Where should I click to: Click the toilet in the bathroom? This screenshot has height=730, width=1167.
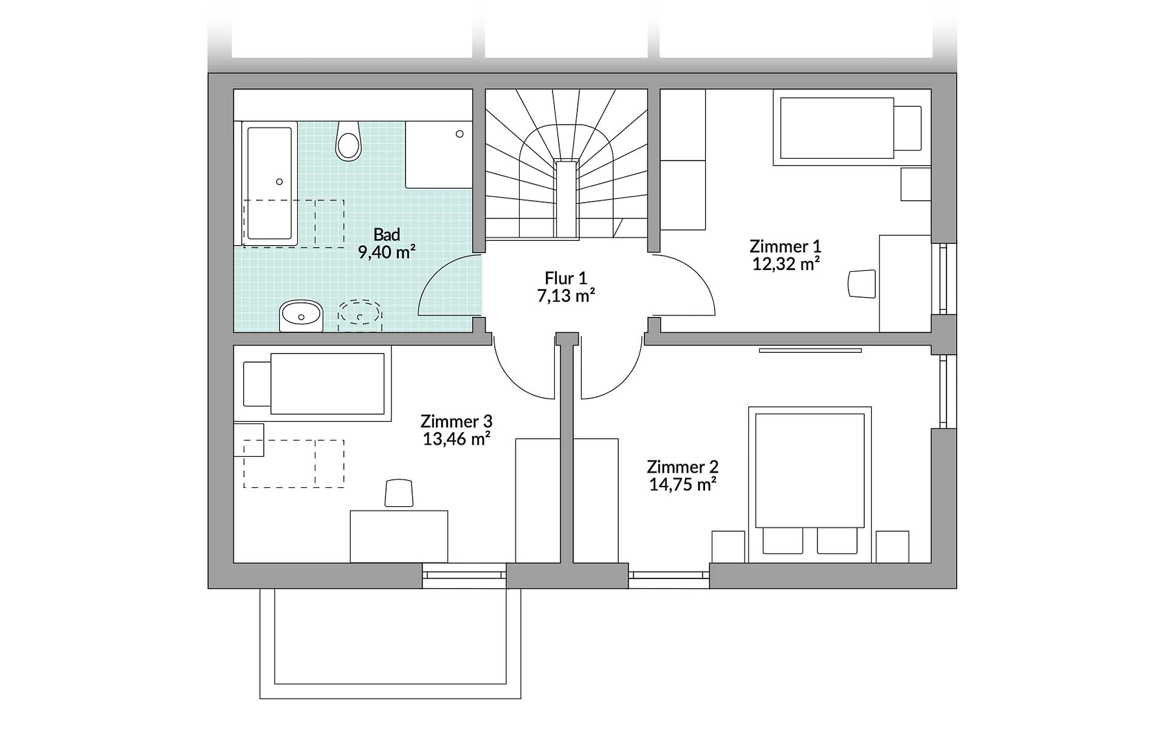pyautogui.click(x=348, y=141)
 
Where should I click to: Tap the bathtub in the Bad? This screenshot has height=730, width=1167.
pyautogui.click(x=270, y=183)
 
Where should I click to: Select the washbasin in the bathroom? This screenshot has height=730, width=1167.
pyautogui.click(x=301, y=316)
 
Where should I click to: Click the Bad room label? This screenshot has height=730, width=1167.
pyautogui.click(x=387, y=234)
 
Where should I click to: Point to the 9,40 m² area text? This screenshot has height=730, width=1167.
pyautogui.click(x=387, y=251)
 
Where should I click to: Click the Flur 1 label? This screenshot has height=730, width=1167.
pyautogui.click(x=566, y=279)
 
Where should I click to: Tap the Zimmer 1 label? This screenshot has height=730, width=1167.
pyautogui.click(x=785, y=246)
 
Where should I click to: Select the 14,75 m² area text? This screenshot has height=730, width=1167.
pyautogui.click(x=683, y=484)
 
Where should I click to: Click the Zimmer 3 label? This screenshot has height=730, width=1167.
pyautogui.click(x=456, y=421)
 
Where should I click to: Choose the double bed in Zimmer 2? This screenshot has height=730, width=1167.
pyautogui.click(x=810, y=484)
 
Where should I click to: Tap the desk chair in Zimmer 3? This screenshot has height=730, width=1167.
pyautogui.click(x=399, y=493)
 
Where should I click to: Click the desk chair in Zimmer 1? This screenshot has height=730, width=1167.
pyautogui.click(x=862, y=284)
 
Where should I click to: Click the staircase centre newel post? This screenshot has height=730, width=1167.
pyautogui.click(x=565, y=198)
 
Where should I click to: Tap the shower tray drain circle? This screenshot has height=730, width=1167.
pyautogui.click(x=460, y=134)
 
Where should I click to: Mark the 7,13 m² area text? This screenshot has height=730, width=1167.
pyautogui.click(x=566, y=296)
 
